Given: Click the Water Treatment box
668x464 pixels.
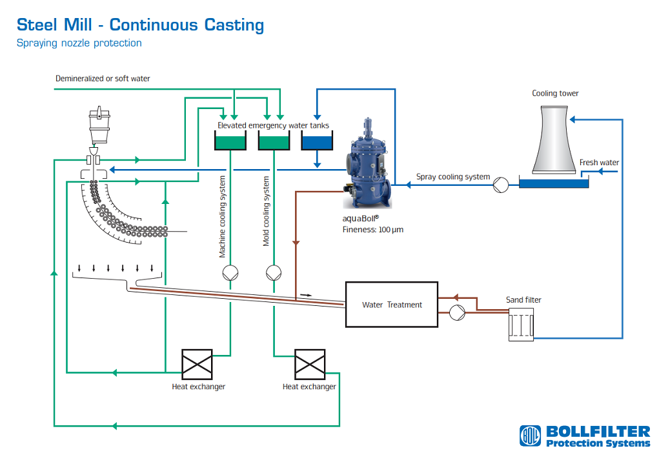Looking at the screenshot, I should point(392,305).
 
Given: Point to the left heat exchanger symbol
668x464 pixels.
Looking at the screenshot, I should point(197,364).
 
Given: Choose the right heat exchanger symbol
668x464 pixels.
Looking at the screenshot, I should point(309,364).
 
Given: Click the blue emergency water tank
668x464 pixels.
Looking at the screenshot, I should point(316,142).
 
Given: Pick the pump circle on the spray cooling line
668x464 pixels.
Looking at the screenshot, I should point(500,185).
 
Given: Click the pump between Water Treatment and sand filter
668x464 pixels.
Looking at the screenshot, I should point(458,312).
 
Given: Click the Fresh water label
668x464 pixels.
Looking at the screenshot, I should point(599,163).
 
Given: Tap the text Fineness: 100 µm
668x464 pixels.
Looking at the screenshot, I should point(372,229).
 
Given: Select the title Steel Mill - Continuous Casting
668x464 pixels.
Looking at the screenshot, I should point(140,25).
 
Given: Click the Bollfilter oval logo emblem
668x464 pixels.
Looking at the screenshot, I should point(531,436).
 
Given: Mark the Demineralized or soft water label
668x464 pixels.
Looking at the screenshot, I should point(103,79).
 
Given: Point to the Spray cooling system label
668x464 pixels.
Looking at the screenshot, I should point(453,177).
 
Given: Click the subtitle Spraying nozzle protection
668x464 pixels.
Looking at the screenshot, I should point(79,43).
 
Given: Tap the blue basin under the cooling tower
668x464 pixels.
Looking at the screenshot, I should point(554,184).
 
